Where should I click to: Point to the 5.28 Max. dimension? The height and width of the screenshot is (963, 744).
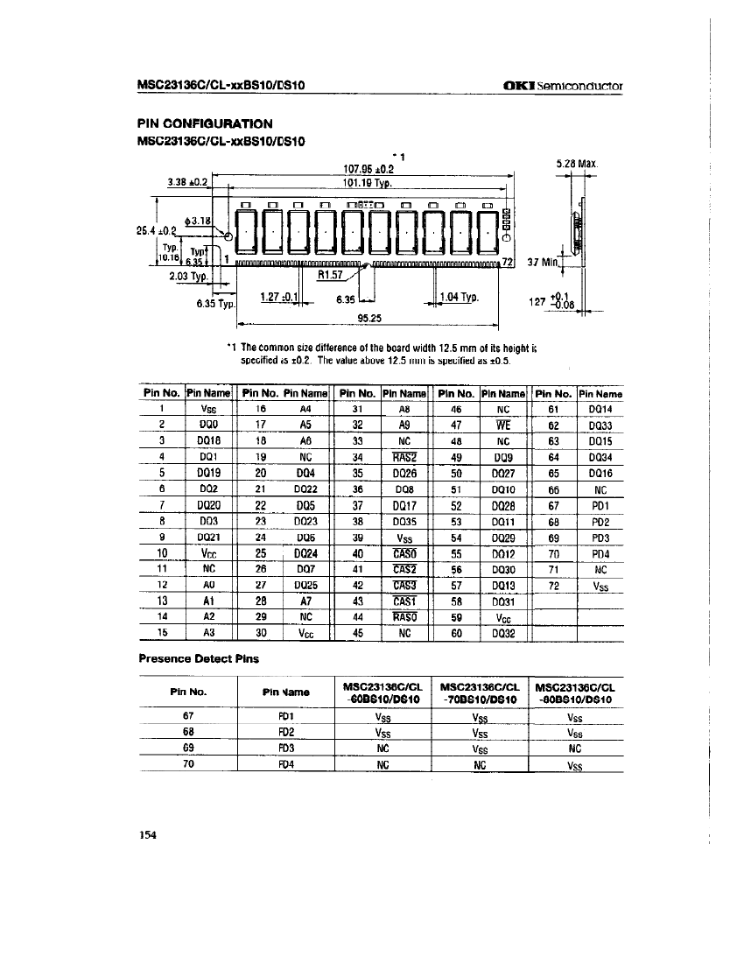[576, 163]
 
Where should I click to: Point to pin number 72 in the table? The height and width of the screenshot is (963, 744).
[553, 585]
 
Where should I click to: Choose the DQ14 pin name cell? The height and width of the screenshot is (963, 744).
[600, 407]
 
